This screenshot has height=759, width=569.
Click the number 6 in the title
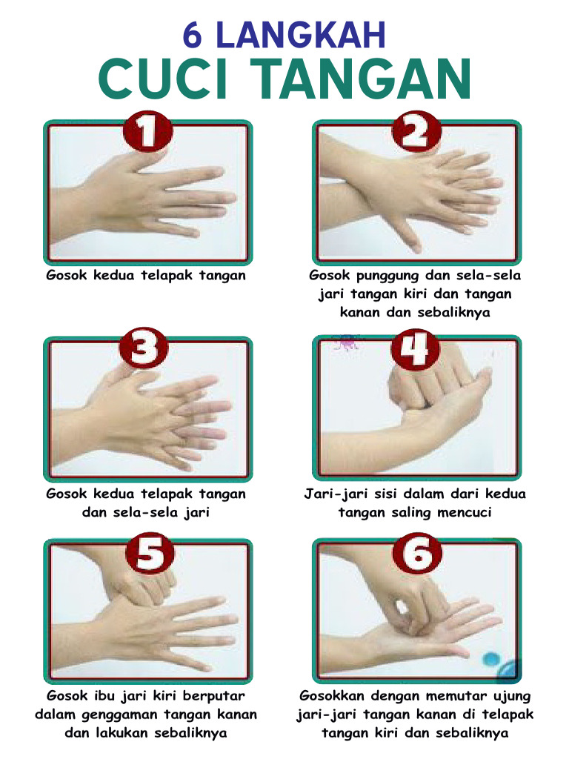[195, 36]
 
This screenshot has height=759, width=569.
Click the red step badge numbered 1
[147, 134]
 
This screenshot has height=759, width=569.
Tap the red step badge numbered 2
[416, 134]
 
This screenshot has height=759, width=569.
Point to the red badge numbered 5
[147, 554]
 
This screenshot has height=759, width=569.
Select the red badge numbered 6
[416, 554]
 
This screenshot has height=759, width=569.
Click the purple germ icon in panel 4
[346, 342]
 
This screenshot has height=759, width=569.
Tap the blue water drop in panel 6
[491, 659]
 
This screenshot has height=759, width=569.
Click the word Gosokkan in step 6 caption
[332, 696]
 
